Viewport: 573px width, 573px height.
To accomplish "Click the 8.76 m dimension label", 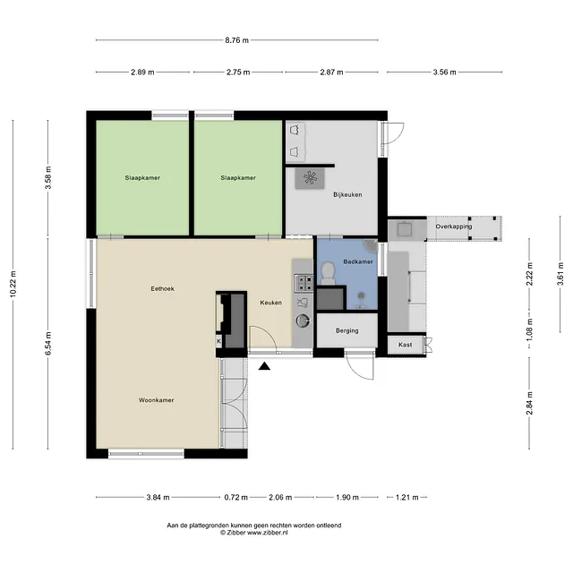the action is coord(236,40).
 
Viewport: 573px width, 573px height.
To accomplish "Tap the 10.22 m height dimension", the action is coord(13,284).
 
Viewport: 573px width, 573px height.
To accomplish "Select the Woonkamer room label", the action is coord(156,400).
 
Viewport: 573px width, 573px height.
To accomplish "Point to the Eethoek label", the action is coord(163,288).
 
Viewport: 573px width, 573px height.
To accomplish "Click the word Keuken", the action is coord(270,303).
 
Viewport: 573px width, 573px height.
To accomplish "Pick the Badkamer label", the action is coord(358,261).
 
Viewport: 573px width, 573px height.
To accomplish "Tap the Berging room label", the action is coord(347,330).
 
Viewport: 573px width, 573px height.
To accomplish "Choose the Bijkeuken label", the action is coord(347,195).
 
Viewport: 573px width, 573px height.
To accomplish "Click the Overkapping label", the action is coord(454,227).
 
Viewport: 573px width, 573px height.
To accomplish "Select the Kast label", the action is coord(405,345).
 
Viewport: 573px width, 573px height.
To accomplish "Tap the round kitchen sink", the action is coord(303,321).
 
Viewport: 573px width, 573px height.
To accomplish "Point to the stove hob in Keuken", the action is coord(304,283).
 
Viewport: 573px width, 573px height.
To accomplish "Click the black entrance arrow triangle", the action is coord(264,366).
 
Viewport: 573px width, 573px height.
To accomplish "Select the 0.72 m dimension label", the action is coord(235,498).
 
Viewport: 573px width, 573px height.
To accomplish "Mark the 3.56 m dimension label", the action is coord(444,73).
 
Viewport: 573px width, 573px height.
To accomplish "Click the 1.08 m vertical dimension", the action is coord(529,329).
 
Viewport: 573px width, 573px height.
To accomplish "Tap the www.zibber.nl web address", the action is coord(268,533).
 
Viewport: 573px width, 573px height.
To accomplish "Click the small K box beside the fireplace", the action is coord(218,342).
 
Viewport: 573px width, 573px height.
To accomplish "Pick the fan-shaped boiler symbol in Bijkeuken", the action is coord(310,178).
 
